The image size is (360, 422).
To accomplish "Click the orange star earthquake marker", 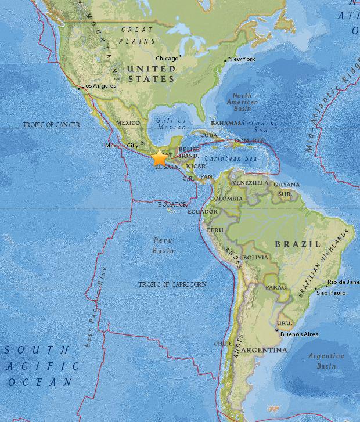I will tap(159, 157).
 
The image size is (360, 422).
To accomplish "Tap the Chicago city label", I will tap(167, 57).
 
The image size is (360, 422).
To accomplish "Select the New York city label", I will tap(242, 59).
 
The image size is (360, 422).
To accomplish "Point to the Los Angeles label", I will tap(99, 85).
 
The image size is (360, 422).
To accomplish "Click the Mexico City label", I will tap(121, 145).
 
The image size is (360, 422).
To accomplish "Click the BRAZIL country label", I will tap(298, 244).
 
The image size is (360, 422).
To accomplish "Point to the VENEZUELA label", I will tap(250, 183).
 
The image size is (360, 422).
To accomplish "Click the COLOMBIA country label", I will tap(226, 199).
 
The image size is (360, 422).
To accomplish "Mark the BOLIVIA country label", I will tap(255, 257).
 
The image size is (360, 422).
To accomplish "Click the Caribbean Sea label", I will tap(235, 157).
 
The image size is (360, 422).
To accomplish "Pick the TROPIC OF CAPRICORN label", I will tap(172, 284).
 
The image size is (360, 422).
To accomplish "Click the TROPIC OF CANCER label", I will tap(52, 125).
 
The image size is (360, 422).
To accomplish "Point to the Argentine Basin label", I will tap(326, 361).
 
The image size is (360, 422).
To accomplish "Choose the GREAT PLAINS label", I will tap(136, 35).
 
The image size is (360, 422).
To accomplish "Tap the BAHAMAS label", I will tap(225, 123).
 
